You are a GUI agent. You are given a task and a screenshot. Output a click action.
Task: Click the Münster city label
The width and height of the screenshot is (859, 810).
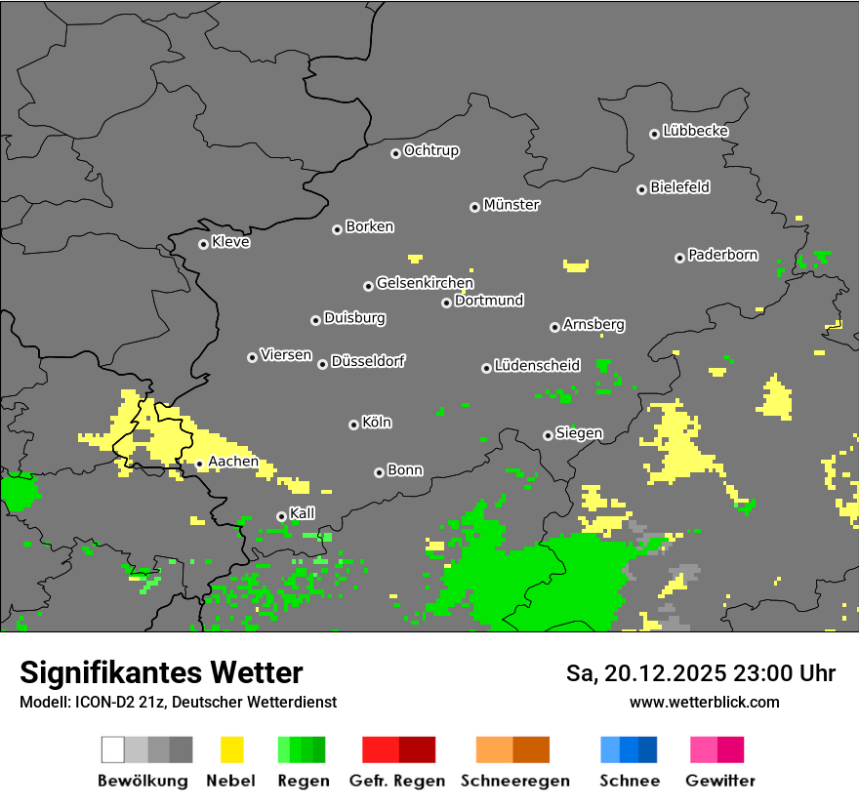click(x=511, y=205)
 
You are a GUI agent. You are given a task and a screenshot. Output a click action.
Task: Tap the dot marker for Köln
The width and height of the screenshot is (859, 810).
click(x=353, y=425)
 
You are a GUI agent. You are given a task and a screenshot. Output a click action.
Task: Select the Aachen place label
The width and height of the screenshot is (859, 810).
click(x=233, y=462)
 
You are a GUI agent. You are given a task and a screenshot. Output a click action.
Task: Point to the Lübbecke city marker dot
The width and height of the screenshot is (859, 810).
click(x=654, y=134)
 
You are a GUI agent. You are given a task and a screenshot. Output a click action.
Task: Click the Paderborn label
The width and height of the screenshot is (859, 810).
click(x=722, y=256)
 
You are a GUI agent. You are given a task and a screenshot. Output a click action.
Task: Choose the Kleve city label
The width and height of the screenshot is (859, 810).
click(x=230, y=242)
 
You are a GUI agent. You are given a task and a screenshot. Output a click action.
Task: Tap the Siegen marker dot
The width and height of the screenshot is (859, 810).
click(x=548, y=435)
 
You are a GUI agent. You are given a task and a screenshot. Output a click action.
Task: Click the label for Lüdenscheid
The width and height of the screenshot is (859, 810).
click(x=537, y=366)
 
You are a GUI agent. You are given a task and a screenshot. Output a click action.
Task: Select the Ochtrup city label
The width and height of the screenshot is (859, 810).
click(x=431, y=151)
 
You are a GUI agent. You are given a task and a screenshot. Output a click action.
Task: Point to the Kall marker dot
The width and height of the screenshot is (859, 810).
click(x=281, y=516)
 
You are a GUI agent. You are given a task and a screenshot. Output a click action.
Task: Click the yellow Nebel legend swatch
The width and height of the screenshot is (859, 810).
click(x=232, y=749)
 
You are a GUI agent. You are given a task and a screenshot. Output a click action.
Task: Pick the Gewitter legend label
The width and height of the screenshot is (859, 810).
click(x=720, y=781)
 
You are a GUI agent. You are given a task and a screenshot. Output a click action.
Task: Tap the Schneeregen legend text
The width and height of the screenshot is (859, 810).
click(x=513, y=781)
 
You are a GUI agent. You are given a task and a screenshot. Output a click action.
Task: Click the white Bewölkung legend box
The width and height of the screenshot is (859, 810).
click(x=113, y=749)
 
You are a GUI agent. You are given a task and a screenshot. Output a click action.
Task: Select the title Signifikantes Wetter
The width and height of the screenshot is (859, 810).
click(x=161, y=673)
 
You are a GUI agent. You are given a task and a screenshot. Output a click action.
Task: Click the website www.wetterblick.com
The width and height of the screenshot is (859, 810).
click(x=705, y=703)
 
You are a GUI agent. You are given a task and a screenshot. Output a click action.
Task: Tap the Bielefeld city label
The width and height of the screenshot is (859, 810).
click(x=679, y=187)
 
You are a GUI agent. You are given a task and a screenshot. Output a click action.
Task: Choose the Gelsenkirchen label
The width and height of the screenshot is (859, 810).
click(x=425, y=283)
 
